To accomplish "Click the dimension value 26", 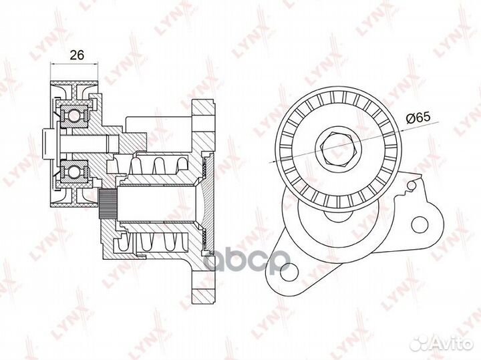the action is [77, 55].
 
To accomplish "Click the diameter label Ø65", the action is [418, 118].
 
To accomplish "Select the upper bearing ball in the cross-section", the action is [74, 116].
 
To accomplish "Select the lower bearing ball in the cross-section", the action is [74, 172].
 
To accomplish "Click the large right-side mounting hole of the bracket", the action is [419, 225].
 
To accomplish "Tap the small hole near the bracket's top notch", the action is [412, 184].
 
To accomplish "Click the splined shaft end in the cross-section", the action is [108, 204].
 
